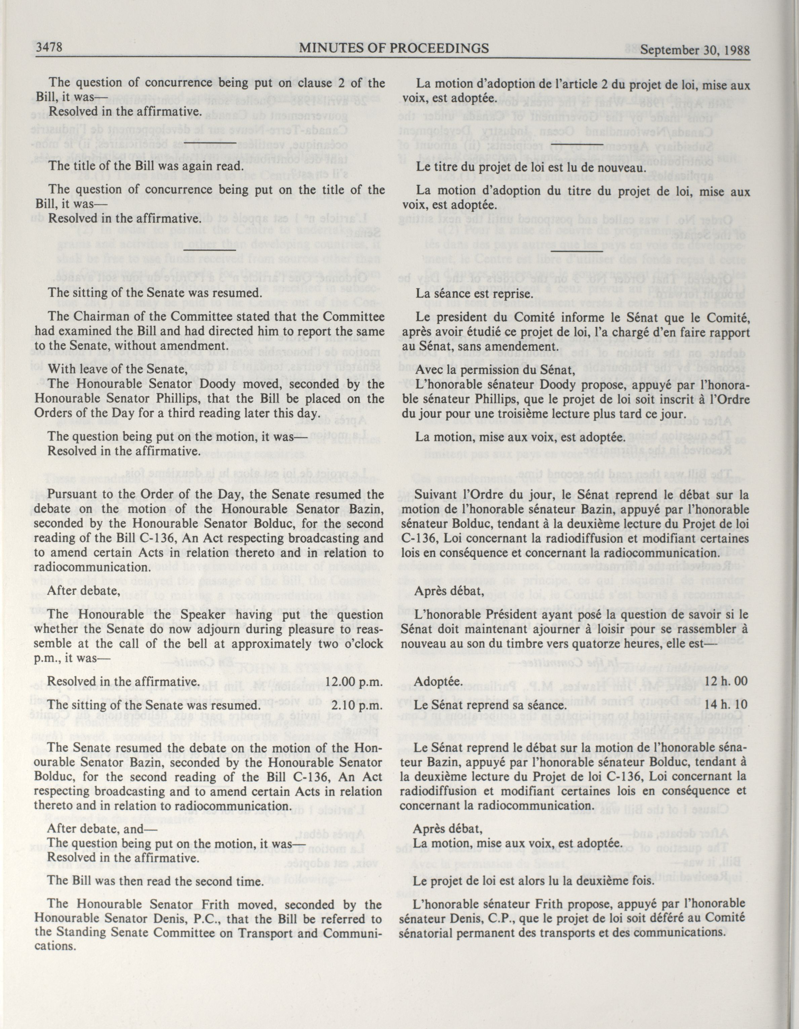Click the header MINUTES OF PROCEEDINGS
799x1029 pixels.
point(394,48)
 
